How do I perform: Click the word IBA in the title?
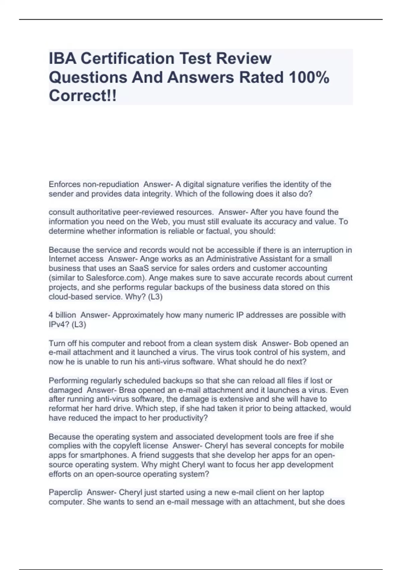(62, 59)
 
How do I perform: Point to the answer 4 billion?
(62, 315)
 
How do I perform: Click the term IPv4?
(59, 325)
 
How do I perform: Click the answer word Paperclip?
(65, 493)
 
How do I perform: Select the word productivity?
(185, 418)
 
